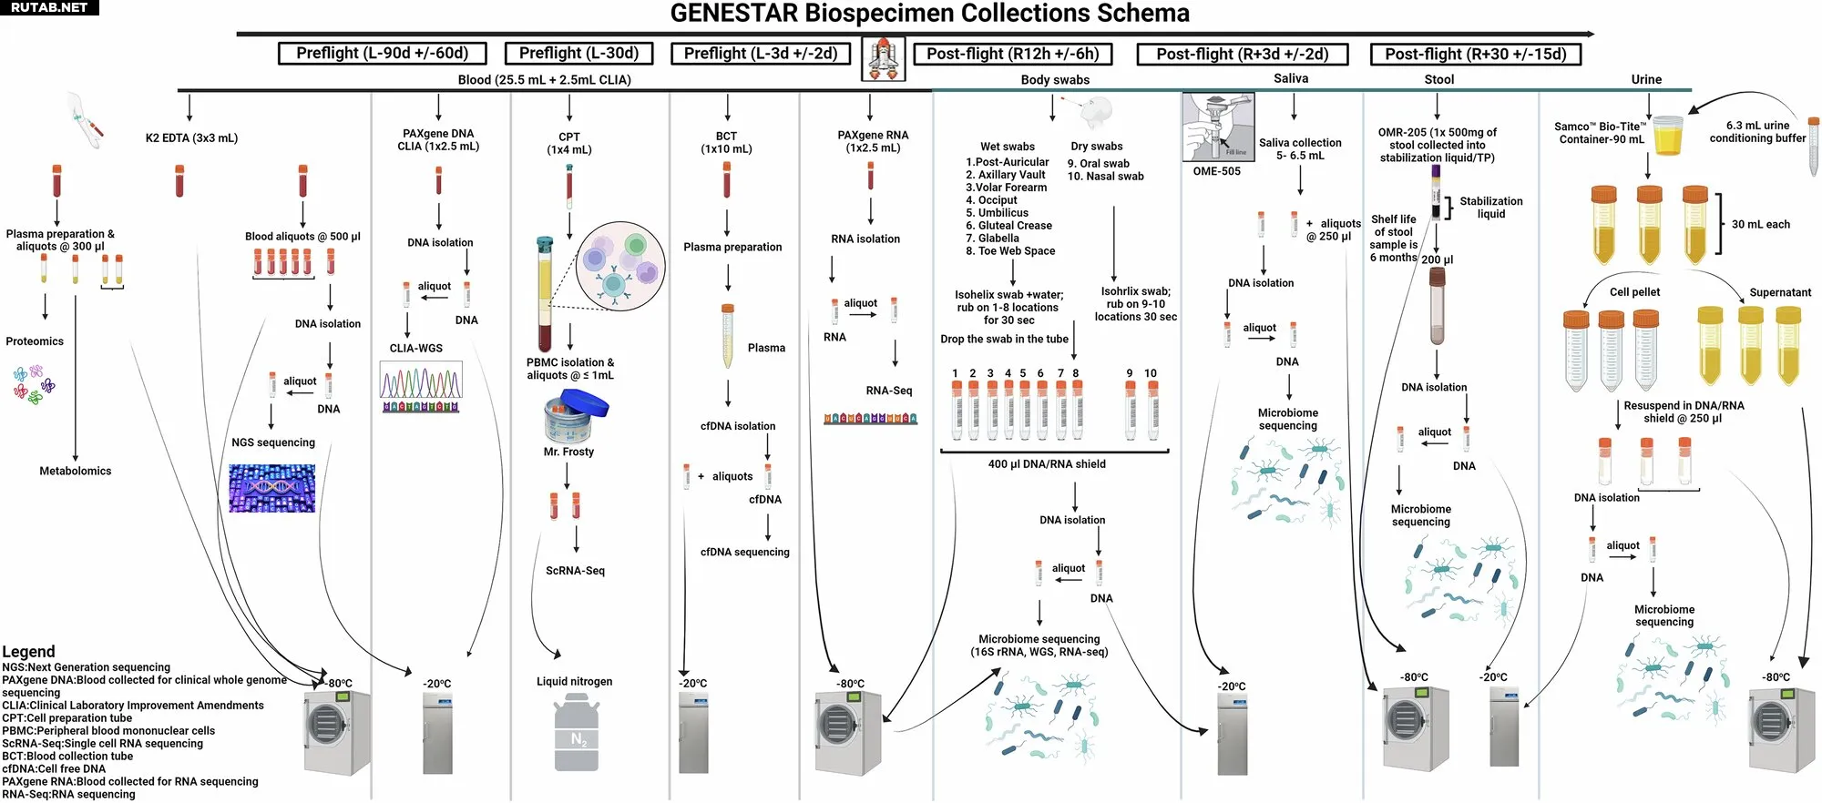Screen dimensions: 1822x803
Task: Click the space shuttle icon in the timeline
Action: (x=883, y=59)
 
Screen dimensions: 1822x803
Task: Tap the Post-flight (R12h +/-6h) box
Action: (x=1012, y=54)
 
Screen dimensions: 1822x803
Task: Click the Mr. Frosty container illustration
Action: (x=576, y=416)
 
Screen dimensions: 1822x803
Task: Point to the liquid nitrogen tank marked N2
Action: (x=577, y=734)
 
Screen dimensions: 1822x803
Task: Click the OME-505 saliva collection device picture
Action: (x=1218, y=127)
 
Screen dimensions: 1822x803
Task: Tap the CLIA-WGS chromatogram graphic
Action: (x=421, y=387)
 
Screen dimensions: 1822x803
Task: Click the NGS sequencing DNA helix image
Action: (x=271, y=488)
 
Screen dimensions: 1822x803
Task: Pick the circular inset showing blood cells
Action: (x=620, y=266)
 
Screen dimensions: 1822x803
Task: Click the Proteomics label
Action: (x=35, y=341)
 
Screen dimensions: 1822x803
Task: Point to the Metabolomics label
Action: (x=76, y=471)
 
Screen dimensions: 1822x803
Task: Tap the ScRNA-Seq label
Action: (x=575, y=571)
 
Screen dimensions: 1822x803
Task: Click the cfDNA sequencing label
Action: (x=745, y=552)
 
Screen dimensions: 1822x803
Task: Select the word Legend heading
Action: (x=28, y=652)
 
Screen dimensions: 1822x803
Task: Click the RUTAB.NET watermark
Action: (x=49, y=7)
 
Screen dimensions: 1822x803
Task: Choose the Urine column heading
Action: (x=1646, y=79)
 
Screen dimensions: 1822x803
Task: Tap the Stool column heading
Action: (x=1439, y=79)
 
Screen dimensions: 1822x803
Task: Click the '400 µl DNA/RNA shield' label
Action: (x=1047, y=464)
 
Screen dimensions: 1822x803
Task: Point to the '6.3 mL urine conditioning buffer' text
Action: (x=1757, y=132)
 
